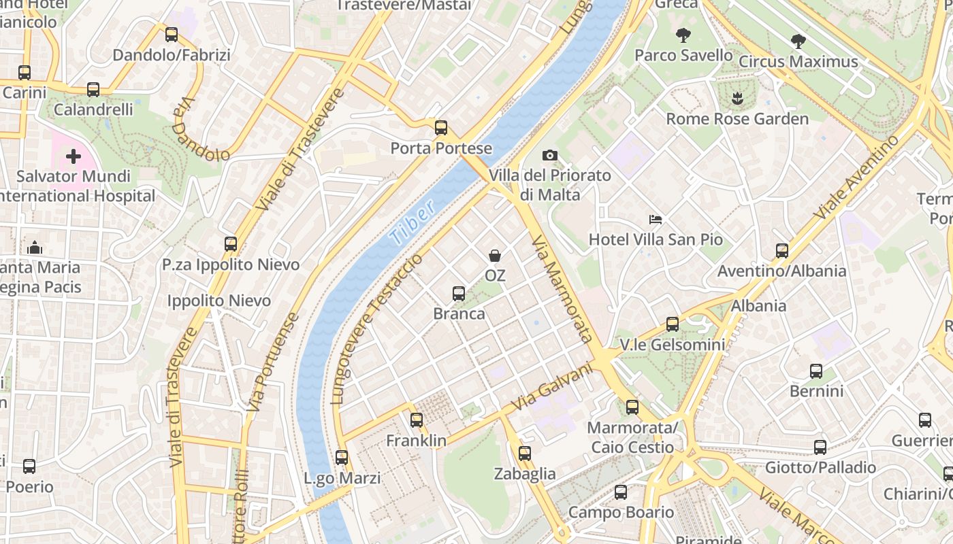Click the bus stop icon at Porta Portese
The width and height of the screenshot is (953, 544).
(441, 127)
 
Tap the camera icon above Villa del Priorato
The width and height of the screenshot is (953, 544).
(550, 155)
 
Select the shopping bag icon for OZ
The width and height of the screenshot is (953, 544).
(495, 256)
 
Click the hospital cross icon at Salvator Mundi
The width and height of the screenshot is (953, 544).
(73, 157)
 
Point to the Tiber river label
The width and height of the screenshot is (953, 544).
(413, 225)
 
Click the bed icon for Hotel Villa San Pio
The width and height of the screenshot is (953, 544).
(655, 219)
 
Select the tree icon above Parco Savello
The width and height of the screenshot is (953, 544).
(683, 35)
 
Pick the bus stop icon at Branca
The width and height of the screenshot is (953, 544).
(459, 294)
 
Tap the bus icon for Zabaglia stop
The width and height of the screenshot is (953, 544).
(524, 454)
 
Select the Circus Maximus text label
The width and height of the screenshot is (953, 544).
(798, 62)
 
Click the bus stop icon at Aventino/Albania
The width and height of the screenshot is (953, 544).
(781, 251)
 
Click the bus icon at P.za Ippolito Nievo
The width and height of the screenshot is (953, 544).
(231, 244)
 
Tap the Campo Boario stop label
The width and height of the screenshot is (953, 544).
(621, 512)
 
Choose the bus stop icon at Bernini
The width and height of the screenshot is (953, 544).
(816, 371)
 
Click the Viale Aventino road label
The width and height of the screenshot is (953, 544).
(856, 177)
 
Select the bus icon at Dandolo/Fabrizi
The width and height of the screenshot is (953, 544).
(172, 35)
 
